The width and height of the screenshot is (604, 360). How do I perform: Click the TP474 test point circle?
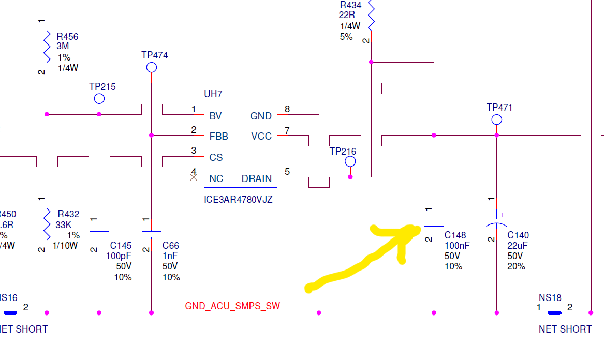(151, 68)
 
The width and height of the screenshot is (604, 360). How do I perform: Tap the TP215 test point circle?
(99, 99)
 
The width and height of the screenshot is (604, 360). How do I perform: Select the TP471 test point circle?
(496, 120)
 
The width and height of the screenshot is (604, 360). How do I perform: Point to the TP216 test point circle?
(350, 162)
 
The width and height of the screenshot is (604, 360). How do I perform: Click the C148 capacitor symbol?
(434, 223)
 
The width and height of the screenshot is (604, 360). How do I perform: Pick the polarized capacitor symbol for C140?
(496, 222)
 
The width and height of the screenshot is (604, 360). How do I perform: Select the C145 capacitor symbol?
(99, 234)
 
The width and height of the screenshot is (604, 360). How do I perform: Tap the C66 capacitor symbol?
(151, 234)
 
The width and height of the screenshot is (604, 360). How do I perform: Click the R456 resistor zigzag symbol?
(47, 47)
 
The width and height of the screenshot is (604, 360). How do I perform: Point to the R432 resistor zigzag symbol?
(47, 224)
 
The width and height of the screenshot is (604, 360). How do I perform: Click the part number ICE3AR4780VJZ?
(238, 200)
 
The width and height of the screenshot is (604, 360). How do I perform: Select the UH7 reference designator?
(213, 94)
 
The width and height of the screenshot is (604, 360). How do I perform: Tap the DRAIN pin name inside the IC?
(257, 178)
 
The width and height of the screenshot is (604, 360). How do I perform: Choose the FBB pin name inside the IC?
(219, 137)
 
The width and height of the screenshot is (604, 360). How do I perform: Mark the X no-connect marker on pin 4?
(194, 177)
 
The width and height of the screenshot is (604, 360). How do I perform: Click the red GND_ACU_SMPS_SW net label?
(232, 306)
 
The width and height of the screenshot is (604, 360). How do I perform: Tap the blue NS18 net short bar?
(554, 313)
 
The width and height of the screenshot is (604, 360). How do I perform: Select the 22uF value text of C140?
(518, 246)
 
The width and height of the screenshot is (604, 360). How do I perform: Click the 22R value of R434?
(347, 15)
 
